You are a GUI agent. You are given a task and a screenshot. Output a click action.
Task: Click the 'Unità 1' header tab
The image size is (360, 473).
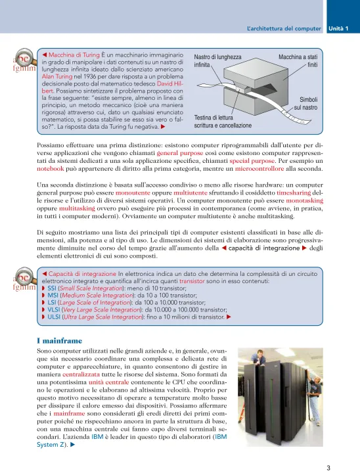338,29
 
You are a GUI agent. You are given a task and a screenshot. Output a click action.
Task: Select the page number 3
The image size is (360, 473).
328,468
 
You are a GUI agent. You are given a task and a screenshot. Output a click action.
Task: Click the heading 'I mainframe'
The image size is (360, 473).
59,341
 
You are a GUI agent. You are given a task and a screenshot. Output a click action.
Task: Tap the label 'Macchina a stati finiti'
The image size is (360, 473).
298,60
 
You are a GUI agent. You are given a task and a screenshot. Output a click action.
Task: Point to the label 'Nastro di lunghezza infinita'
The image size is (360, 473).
217,60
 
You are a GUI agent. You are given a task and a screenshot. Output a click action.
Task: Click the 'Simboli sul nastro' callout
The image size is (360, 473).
305,104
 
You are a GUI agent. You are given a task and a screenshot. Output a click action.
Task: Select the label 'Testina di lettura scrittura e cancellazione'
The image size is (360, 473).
223,122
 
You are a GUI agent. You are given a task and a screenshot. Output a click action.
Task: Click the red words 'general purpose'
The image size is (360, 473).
180,153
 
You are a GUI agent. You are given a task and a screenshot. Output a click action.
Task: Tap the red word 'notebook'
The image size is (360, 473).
51,169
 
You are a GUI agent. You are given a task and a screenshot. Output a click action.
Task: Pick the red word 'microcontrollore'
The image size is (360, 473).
259,169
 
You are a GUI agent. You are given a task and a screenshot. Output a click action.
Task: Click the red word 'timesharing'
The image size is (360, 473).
294,192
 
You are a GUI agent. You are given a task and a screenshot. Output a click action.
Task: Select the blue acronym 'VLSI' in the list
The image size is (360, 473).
54,310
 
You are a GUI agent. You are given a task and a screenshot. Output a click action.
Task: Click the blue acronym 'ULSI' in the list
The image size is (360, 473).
54,317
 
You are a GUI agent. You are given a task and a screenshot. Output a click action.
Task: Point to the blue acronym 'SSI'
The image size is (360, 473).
52,288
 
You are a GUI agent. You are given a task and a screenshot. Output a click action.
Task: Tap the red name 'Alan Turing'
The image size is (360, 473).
57,77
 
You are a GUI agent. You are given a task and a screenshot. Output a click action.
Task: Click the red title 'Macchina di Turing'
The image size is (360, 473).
74,55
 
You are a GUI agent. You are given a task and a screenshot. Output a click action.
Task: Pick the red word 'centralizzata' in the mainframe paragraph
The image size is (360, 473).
81,374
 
